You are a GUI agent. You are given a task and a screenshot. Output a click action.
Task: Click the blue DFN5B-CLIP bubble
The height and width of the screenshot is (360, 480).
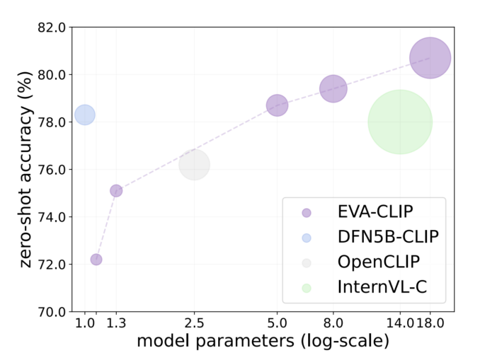pyautogui.click(x=85, y=115)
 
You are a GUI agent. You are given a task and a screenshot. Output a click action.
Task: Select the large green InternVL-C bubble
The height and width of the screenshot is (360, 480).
pyautogui.click(x=400, y=122)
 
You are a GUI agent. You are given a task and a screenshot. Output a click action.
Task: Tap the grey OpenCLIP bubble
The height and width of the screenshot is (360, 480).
pyautogui.click(x=194, y=165)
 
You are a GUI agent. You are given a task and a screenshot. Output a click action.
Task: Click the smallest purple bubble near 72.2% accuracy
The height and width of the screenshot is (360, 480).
pyautogui.click(x=96, y=260)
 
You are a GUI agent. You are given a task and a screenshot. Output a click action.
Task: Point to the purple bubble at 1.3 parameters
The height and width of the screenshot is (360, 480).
pyautogui.click(x=116, y=190)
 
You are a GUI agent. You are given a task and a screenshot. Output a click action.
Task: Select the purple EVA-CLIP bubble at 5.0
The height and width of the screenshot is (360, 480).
pyautogui.click(x=277, y=105)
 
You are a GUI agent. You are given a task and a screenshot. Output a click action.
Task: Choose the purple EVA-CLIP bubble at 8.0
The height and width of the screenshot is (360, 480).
pyautogui.click(x=333, y=88)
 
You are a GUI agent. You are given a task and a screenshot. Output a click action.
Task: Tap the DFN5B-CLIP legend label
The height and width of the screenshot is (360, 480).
pyautogui.click(x=388, y=237)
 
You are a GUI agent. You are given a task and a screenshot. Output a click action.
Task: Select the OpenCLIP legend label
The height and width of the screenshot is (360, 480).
pyautogui.click(x=379, y=262)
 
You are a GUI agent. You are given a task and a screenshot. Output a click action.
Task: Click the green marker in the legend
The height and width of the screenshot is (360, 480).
pyautogui.click(x=306, y=288)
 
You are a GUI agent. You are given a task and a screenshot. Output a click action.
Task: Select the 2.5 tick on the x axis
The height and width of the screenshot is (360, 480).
pyautogui.click(x=194, y=324)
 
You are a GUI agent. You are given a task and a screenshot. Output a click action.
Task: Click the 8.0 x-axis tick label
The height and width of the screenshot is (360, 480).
pyautogui.click(x=333, y=324)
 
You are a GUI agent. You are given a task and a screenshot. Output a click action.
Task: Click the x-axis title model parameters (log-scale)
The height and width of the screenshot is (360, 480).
pyautogui.click(x=263, y=342)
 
